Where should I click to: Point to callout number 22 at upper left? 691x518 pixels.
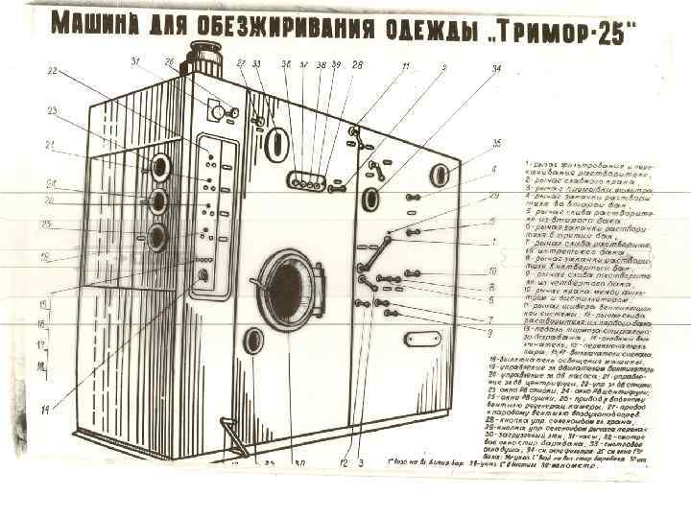coord(53,71)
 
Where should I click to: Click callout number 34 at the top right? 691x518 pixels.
coord(496,69)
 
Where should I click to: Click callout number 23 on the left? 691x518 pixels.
coord(53,109)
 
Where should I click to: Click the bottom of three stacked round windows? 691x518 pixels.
coord(155,235)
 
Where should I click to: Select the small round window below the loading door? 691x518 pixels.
coord(253,340)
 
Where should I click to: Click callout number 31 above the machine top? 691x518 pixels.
coord(135,63)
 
